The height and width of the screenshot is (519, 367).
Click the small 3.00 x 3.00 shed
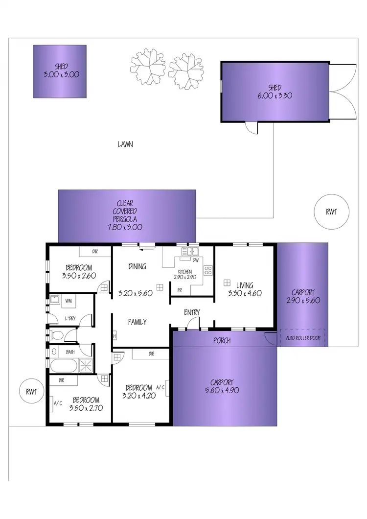(60, 71)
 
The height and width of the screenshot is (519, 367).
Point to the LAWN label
(126, 144)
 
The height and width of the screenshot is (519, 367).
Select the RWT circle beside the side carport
(331, 212)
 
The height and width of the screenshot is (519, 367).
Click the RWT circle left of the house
(32, 391)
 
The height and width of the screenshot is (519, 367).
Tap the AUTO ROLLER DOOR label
(302, 337)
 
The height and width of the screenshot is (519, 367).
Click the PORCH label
(222, 341)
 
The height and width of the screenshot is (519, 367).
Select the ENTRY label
(191, 312)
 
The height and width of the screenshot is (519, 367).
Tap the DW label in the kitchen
(195, 260)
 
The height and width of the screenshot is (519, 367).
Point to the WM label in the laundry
(68, 300)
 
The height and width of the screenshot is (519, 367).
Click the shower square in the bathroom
(86, 365)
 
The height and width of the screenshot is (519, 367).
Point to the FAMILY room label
(138, 322)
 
